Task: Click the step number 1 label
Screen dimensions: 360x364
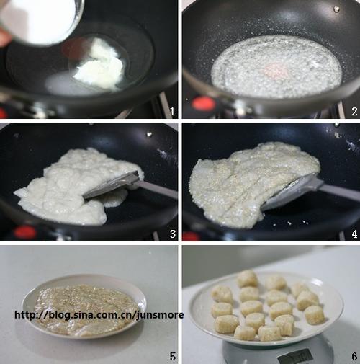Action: [x=172, y=112]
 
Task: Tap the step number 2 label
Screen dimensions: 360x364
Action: [x=354, y=112]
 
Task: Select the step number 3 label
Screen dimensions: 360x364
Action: [x=173, y=234]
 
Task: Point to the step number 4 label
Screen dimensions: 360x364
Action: [x=354, y=234]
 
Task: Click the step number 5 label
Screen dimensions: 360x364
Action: [x=173, y=357]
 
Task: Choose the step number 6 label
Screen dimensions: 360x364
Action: [x=354, y=357]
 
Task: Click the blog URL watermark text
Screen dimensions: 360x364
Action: [x=99, y=315]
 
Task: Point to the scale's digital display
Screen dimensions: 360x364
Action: [x=295, y=357]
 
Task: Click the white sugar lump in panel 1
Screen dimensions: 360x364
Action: [x=100, y=65]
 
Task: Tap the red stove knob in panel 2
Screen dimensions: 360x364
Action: [x=204, y=104]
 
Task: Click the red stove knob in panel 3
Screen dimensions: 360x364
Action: [x=25, y=232]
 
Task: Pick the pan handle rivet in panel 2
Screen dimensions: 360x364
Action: [x=336, y=9]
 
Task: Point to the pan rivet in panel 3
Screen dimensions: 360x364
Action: [x=149, y=134]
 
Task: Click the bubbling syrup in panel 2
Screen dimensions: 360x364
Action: [x=276, y=67]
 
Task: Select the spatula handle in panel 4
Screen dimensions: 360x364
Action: [x=341, y=192]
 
